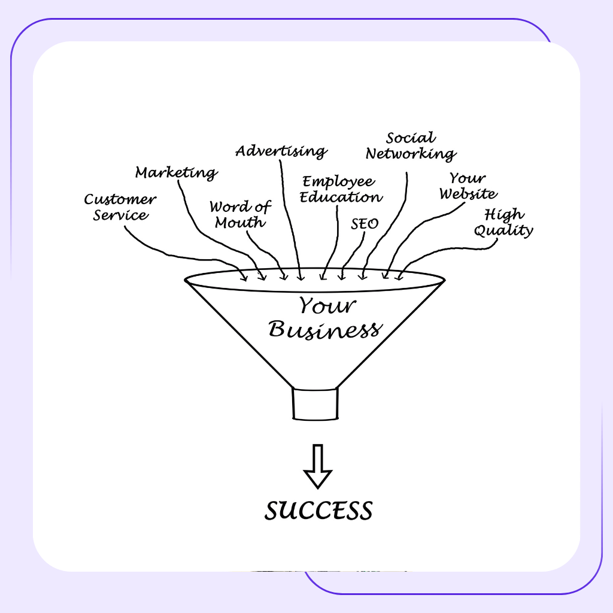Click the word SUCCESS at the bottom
318,511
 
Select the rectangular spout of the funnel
315,403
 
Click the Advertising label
281,151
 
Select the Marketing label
176,173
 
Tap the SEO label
365,224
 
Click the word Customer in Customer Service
120,200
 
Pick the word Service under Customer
120,215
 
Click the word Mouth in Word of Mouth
240,223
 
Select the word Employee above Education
338,181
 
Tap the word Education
341,196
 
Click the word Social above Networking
411,139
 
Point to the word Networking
411,154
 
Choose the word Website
468,194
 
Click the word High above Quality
504,214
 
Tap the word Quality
503,230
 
